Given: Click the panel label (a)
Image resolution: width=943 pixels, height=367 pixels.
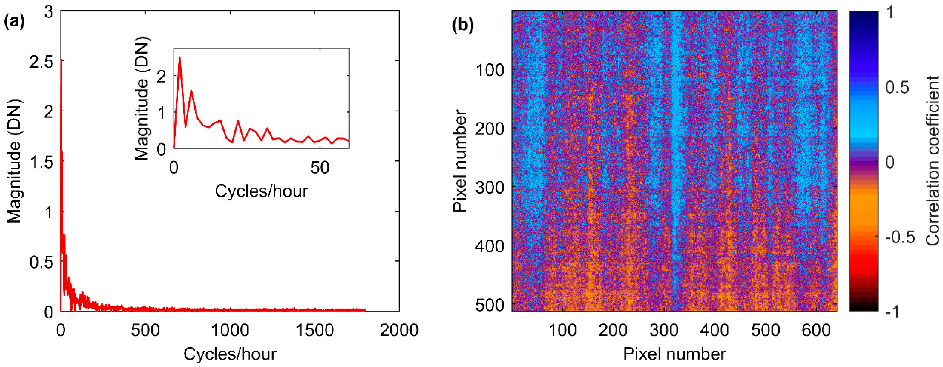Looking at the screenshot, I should (x=14, y=23).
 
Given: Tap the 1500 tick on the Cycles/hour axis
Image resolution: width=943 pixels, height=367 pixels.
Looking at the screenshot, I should (x=315, y=330).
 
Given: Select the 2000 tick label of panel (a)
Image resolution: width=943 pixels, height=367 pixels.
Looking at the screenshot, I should (x=399, y=330).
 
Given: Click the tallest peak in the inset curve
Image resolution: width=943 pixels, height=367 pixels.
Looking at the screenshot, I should (x=179, y=57).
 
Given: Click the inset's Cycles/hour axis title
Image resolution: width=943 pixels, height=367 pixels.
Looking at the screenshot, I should (x=261, y=191).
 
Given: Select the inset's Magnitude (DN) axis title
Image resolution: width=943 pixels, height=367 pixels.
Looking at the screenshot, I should (x=142, y=98).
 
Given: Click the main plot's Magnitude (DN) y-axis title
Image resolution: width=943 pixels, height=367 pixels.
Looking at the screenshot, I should (x=15, y=161).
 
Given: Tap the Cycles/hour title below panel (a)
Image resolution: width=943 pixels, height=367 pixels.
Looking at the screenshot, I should (x=230, y=354).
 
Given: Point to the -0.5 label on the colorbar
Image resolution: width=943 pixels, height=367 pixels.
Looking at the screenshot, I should (x=899, y=237).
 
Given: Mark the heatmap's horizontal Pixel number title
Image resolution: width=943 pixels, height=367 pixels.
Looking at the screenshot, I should (x=674, y=354).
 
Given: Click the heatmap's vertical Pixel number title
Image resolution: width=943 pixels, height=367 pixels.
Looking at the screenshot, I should (x=460, y=161).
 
